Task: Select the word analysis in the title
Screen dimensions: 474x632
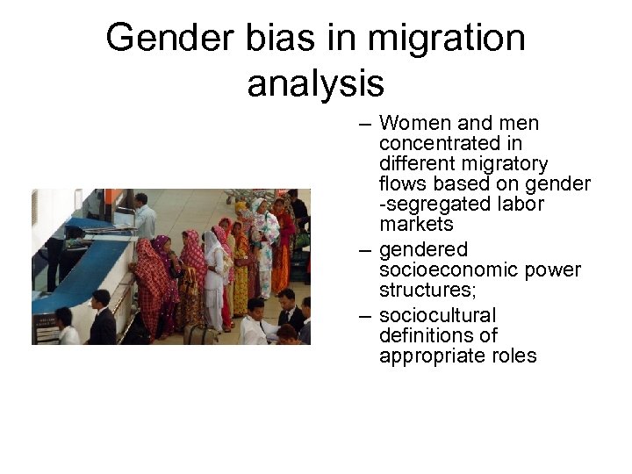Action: tap(315, 83)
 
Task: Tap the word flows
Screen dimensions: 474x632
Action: tap(404, 184)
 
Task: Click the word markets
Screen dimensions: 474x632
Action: tap(416, 225)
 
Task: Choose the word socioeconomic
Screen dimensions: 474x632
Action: tap(442, 270)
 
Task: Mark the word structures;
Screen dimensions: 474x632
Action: tap(425, 291)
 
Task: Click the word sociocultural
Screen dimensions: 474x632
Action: tap(438, 315)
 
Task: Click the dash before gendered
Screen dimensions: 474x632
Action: tap(365, 250)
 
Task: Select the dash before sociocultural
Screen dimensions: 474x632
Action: tap(365, 315)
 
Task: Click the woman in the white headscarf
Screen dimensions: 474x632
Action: tap(213, 272)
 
